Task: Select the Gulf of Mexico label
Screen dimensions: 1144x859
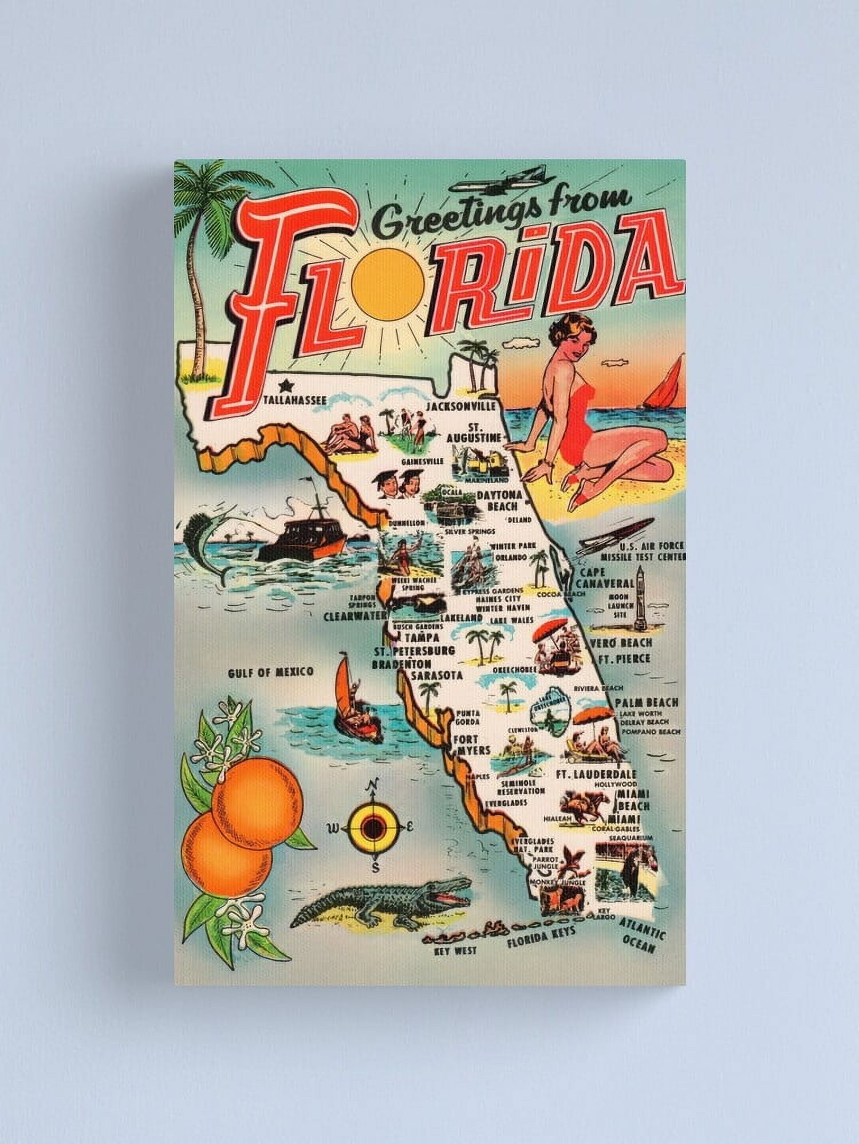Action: [x=270, y=672]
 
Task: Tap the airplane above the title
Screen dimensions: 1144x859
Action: [x=497, y=179]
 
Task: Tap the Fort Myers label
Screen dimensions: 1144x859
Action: [x=471, y=744]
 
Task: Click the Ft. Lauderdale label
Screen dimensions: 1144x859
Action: [x=596, y=774]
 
